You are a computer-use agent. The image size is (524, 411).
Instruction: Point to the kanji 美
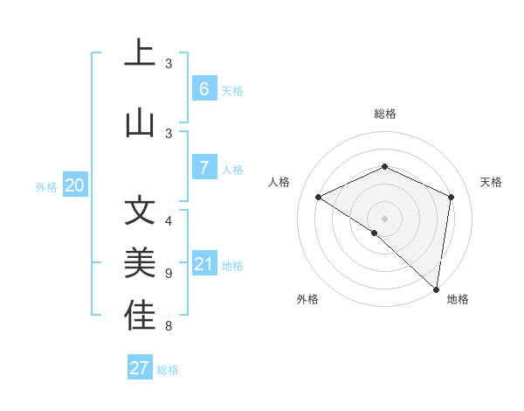tap(140, 263)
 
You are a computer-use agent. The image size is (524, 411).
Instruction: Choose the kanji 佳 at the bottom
tap(140, 316)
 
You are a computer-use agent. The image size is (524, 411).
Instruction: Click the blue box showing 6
tap(203, 88)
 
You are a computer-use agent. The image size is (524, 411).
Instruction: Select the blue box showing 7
tap(203, 168)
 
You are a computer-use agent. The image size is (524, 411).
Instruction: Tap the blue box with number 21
tap(203, 264)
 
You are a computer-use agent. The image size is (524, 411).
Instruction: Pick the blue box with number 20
tap(75, 185)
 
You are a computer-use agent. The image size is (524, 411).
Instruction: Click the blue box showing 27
tap(140, 368)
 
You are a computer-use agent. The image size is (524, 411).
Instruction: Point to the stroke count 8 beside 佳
tap(169, 327)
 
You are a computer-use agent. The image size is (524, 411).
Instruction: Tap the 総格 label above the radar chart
tap(384, 114)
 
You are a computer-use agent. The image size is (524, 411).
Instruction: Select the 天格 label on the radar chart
tap(492, 182)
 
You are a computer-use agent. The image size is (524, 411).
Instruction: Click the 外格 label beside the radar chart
tap(307, 299)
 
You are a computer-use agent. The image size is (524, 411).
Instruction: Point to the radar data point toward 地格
tap(436, 289)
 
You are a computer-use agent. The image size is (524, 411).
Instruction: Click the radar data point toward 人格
tap(319, 198)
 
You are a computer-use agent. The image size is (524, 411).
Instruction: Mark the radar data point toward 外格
tap(375, 233)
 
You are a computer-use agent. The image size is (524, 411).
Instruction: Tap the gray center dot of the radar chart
tap(384, 218)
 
